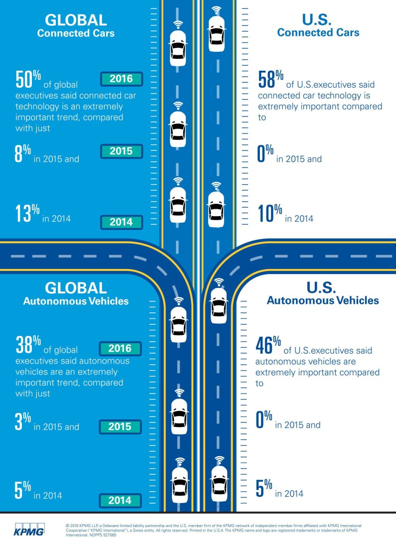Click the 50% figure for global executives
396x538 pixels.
27,79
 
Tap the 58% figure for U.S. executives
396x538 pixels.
270,79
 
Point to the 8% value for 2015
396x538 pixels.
22,154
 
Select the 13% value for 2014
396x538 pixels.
27,213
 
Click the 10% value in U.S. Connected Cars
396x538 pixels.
269,213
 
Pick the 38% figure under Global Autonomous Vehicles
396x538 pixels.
27,344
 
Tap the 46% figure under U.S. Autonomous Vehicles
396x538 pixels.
269,344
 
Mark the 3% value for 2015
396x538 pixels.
22,421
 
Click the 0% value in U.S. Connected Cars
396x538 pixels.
265,154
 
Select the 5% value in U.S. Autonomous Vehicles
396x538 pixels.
264,489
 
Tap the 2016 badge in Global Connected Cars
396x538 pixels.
121,79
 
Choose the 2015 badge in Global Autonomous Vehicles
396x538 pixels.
120,427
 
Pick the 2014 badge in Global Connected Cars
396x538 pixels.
121,222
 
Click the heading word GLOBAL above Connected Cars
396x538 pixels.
76,20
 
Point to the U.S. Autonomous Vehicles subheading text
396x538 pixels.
323,300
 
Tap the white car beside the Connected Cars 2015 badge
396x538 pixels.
178,129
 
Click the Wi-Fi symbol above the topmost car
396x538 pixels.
216,9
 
